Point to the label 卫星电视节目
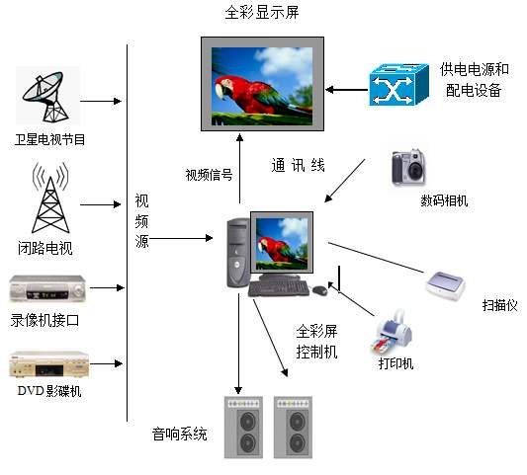coord(49,139)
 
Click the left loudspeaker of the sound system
coord(243,427)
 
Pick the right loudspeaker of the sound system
coord(293,427)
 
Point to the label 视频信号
coord(209,175)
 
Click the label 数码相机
coord(444,200)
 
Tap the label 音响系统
coord(179,434)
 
